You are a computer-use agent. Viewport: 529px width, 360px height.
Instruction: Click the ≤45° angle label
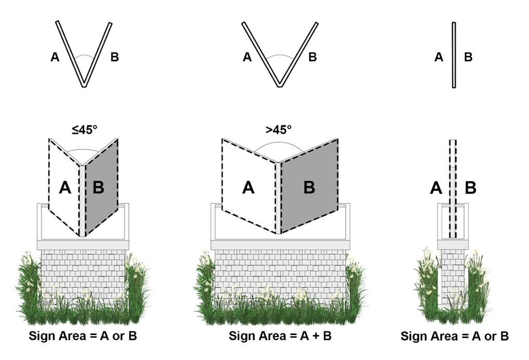click(84, 130)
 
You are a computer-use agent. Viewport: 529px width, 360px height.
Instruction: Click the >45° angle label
click(279, 130)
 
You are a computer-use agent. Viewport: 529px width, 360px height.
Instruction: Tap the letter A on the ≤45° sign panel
click(65, 187)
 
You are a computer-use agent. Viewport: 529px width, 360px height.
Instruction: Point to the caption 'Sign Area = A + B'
click(280, 336)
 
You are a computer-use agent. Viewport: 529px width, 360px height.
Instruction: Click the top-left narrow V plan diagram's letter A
click(55, 57)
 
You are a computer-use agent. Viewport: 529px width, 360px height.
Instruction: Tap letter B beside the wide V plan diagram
click(313, 57)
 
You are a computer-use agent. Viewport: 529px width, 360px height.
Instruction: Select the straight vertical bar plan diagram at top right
click(454, 55)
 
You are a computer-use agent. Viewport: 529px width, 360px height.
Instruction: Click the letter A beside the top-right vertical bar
click(438, 57)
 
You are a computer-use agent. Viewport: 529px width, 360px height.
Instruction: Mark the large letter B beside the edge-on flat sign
click(471, 188)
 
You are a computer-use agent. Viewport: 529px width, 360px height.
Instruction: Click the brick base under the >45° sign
click(280, 275)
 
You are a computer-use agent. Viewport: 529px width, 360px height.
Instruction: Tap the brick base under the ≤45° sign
click(83, 275)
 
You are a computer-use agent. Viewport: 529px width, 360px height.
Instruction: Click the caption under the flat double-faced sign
click(455, 337)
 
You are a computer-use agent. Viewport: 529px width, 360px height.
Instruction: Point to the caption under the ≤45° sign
click(83, 336)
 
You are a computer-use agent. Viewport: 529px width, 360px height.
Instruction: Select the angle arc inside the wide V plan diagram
click(280, 57)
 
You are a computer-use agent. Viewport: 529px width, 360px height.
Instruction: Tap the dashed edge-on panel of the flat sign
click(453, 189)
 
